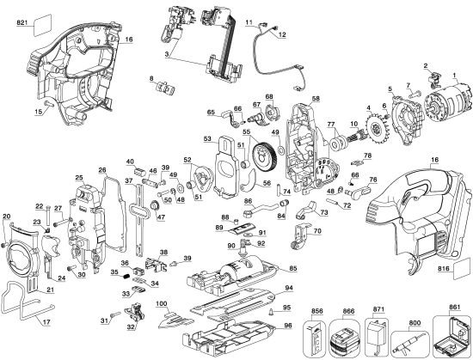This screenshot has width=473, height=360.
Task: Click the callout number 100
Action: (161, 302)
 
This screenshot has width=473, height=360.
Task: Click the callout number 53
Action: (207, 137)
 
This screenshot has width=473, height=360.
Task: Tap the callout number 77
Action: (329, 125)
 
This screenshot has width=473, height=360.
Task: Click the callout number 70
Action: (317, 230)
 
